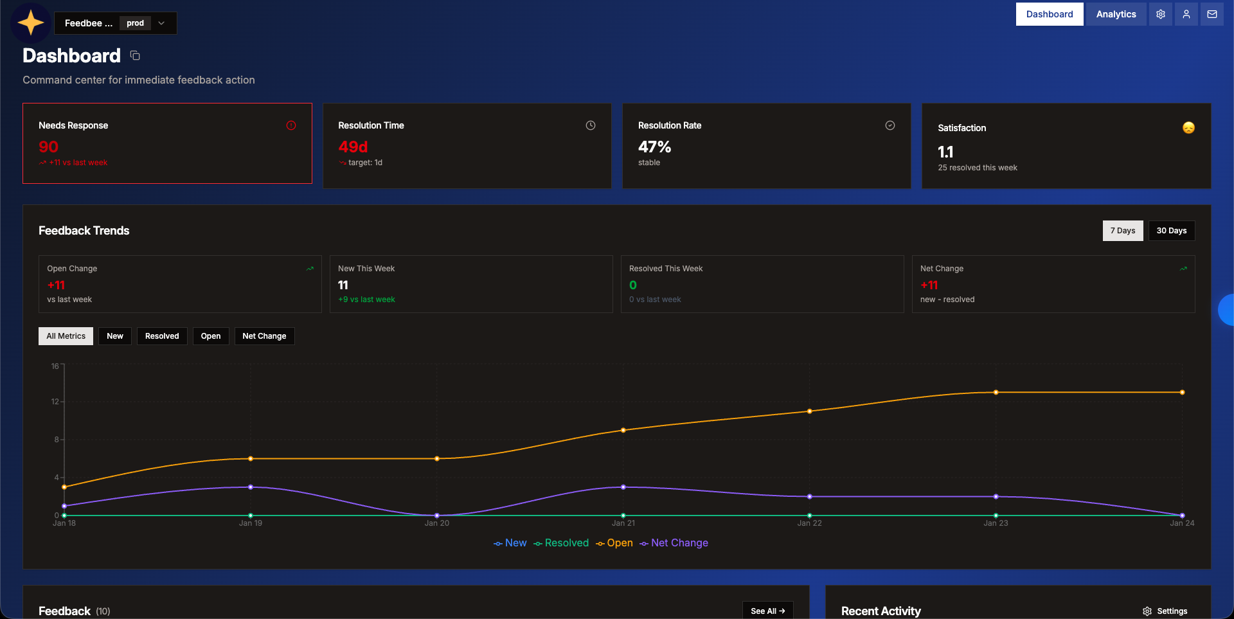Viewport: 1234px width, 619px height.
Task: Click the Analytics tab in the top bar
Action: pos(1116,14)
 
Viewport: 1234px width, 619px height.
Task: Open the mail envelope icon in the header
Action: pos(1212,14)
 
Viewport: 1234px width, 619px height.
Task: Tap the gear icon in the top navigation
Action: pos(1160,14)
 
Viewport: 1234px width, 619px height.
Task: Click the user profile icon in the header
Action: pos(1186,14)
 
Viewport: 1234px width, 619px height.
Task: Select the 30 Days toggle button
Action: pos(1171,231)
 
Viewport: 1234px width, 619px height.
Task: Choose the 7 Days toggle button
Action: pos(1122,231)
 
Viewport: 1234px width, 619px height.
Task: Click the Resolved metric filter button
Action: pos(162,336)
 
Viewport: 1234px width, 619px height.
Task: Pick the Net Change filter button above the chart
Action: pos(264,336)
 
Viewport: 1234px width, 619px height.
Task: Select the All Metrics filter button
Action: pos(66,336)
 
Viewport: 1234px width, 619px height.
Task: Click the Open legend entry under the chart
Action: pos(614,543)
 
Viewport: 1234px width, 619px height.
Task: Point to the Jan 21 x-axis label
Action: pos(623,523)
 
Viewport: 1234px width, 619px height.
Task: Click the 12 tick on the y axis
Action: pos(55,402)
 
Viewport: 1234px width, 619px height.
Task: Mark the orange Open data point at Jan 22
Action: pos(809,411)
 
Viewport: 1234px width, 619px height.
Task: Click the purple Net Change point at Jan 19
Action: pos(251,487)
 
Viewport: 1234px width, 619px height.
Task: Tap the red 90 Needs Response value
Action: pos(48,147)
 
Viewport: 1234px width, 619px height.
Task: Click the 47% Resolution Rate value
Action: pos(654,147)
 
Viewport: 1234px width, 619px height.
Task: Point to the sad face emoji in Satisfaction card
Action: pos(1188,128)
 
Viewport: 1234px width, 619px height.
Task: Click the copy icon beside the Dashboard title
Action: pos(135,56)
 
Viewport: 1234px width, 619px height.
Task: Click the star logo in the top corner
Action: pos(31,23)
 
